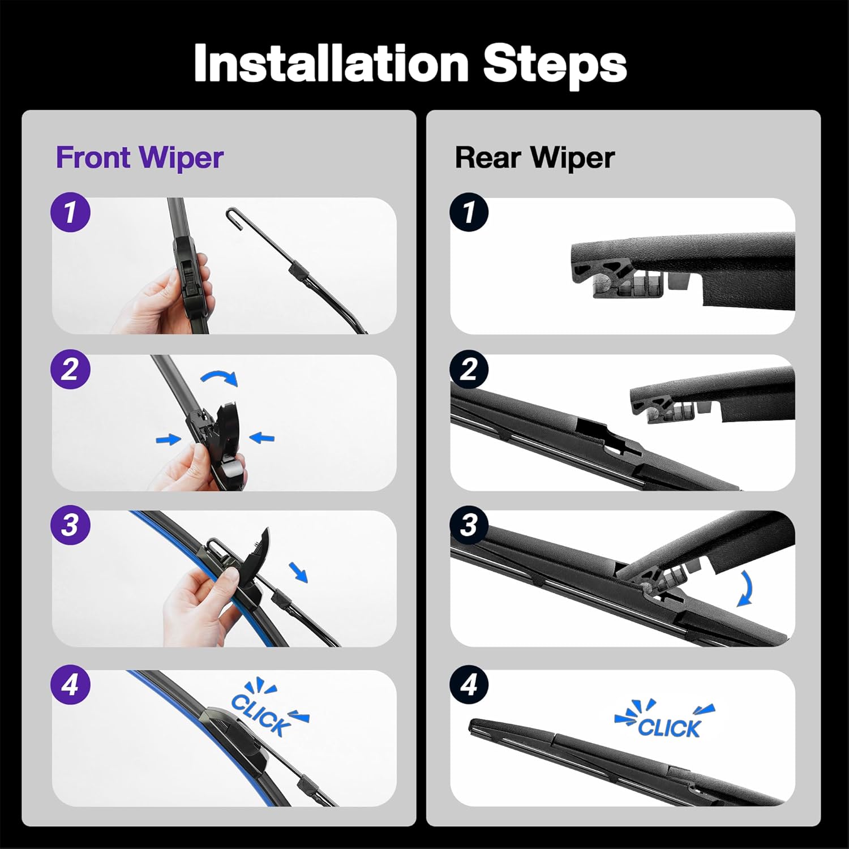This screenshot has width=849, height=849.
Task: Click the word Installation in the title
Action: click(x=331, y=63)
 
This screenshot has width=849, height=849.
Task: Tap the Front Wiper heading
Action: click(x=139, y=157)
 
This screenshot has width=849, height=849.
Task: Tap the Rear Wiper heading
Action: click(x=534, y=157)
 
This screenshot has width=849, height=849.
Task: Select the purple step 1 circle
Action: click(x=71, y=213)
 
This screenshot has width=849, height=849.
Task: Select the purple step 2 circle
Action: click(x=71, y=370)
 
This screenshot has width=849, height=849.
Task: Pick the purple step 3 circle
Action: click(x=71, y=525)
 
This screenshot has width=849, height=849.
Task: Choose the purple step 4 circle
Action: click(x=71, y=685)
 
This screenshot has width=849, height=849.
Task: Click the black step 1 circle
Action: click(x=469, y=213)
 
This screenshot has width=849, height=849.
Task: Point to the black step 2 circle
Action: click(x=469, y=370)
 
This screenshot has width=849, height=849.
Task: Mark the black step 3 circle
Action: click(x=469, y=525)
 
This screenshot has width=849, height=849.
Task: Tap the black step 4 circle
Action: click(x=469, y=685)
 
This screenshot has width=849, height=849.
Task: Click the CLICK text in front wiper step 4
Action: click(x=261, y=714)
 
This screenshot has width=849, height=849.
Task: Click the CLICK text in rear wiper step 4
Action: click(x=669, y=727)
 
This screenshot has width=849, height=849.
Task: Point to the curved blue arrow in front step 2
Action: click(x=220, y=378)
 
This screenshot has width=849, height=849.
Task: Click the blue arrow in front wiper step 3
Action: click(x=298, y=572)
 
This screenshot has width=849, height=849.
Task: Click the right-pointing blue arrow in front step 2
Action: click(x=168, y=439)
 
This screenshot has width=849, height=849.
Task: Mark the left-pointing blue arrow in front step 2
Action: click(x=261, y=438)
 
